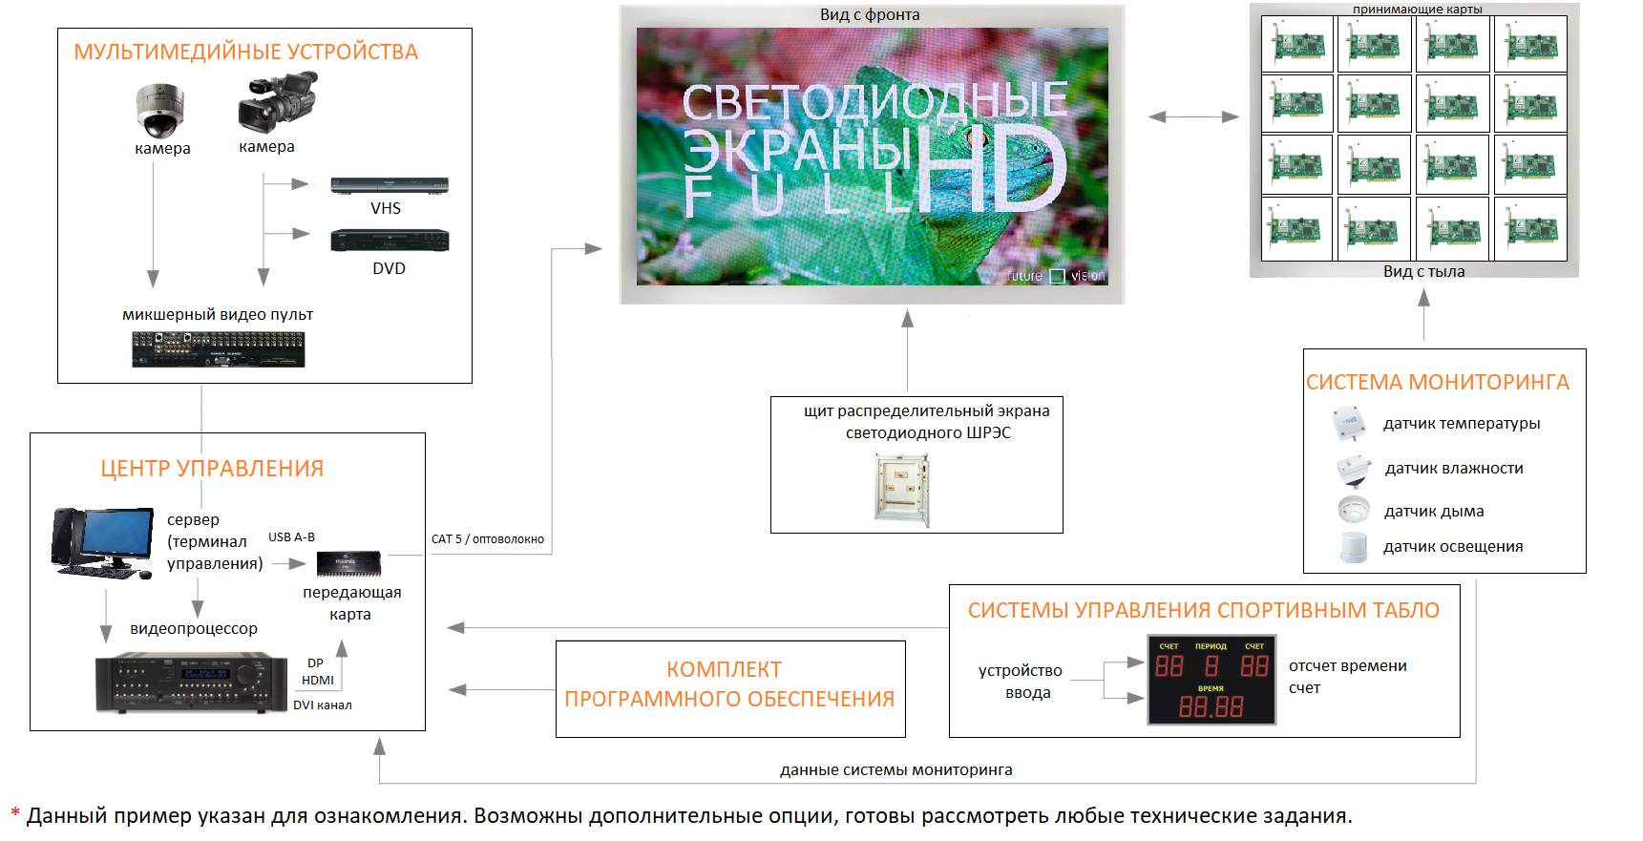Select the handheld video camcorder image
(277, 102)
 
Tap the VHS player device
(390, 185)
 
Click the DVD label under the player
(389, 268)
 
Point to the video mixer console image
(218, 349)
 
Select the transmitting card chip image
(348, 563)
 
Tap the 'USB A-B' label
(291, 537)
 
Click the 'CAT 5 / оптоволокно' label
(488, 539)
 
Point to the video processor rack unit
(191, 683)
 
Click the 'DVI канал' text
(323, 705)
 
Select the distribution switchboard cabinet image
(901, 491)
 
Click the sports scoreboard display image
(1211, 680)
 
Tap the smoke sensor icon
(1354, 509)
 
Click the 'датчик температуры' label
(1462, 424)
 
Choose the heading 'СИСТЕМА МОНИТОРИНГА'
(1438, 382)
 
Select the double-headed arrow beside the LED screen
(1193, 116)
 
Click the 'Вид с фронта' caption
(870, 14)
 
